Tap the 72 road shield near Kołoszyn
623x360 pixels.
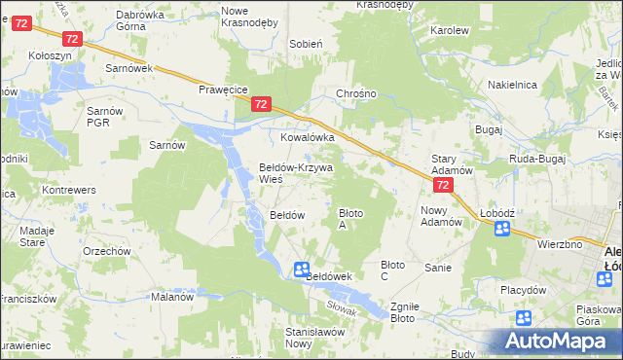coord(71,38)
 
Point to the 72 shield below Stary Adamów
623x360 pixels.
coord(443,185)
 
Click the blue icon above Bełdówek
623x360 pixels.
coord(302,269)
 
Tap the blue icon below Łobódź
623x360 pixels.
coord(502,230)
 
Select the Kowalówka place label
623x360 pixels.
coord(308,137)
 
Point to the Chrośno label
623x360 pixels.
coord(355,95)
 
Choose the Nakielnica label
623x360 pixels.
coord(513,85)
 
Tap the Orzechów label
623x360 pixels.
coord(107,251)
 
